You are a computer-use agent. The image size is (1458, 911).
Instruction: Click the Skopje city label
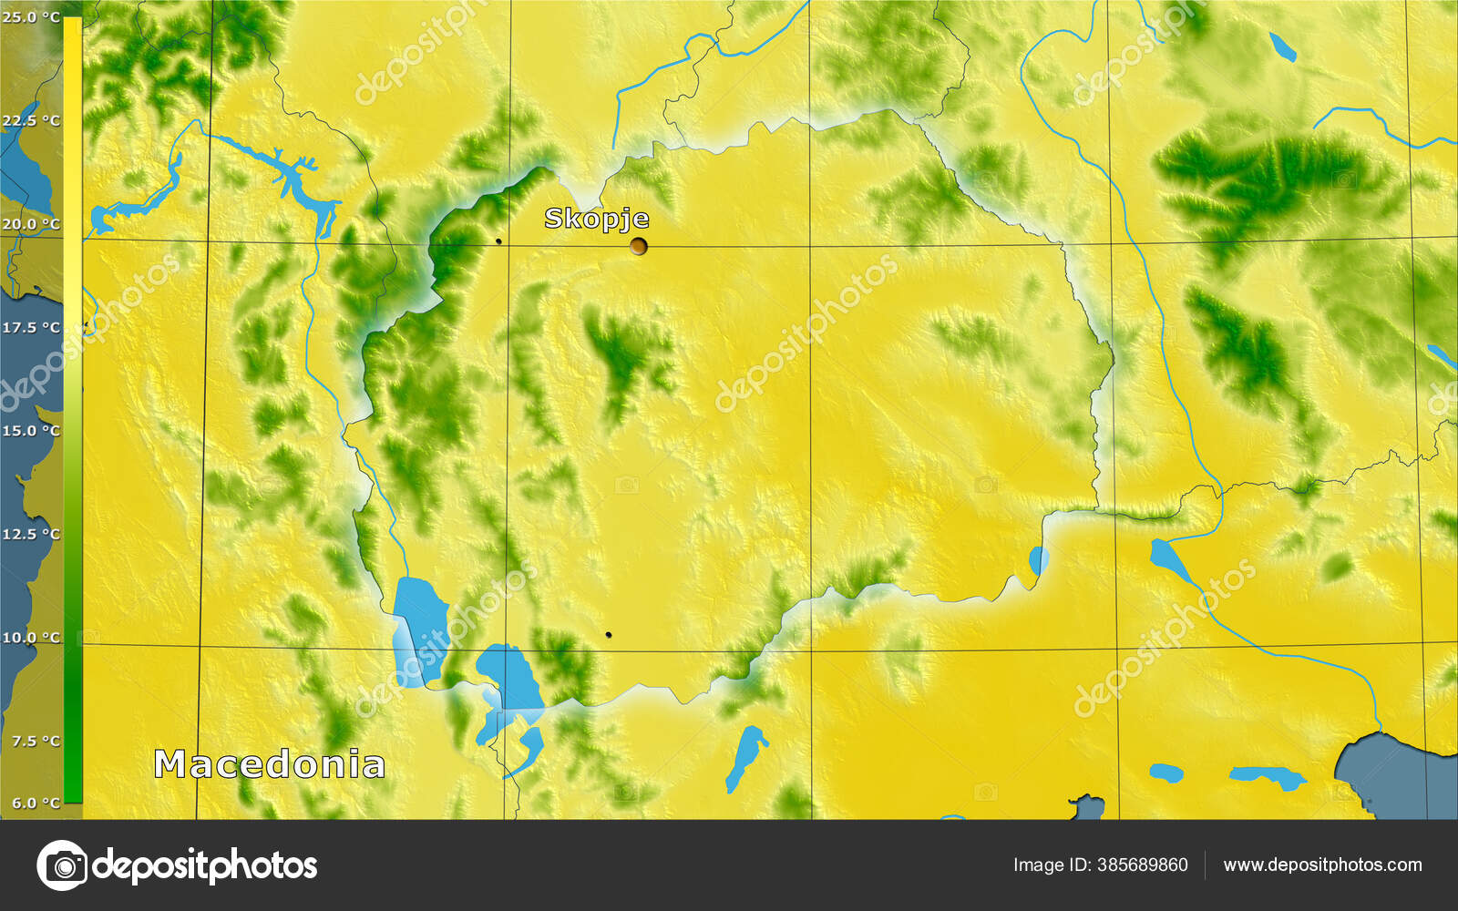point(597,219)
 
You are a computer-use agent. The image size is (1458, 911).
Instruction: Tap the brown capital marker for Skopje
point(639,246)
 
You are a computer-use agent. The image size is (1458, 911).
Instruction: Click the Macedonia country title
point(269,764)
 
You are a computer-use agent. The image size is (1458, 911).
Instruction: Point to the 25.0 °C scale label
point(31,17)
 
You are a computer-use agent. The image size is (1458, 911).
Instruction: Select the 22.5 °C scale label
point(31,120)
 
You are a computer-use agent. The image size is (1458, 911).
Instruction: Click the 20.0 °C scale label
point(31,224)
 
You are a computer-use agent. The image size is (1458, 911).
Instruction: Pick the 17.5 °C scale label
point(31,327)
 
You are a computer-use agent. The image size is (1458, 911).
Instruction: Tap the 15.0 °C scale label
point(31,430)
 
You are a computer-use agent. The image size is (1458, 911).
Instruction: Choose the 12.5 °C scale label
point(31,534)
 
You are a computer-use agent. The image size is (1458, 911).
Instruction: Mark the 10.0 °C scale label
point(31,637)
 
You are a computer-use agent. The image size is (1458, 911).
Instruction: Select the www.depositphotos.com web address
point(1322,865)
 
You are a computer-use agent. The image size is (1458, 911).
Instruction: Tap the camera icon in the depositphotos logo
point(62,865)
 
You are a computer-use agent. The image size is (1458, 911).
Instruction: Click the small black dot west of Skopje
point(498,241)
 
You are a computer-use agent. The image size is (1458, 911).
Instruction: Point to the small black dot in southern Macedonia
point(609,635)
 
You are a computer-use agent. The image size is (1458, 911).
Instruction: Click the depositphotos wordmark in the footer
point(205,865)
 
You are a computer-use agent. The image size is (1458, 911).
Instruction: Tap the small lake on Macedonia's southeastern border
point(1038,559)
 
